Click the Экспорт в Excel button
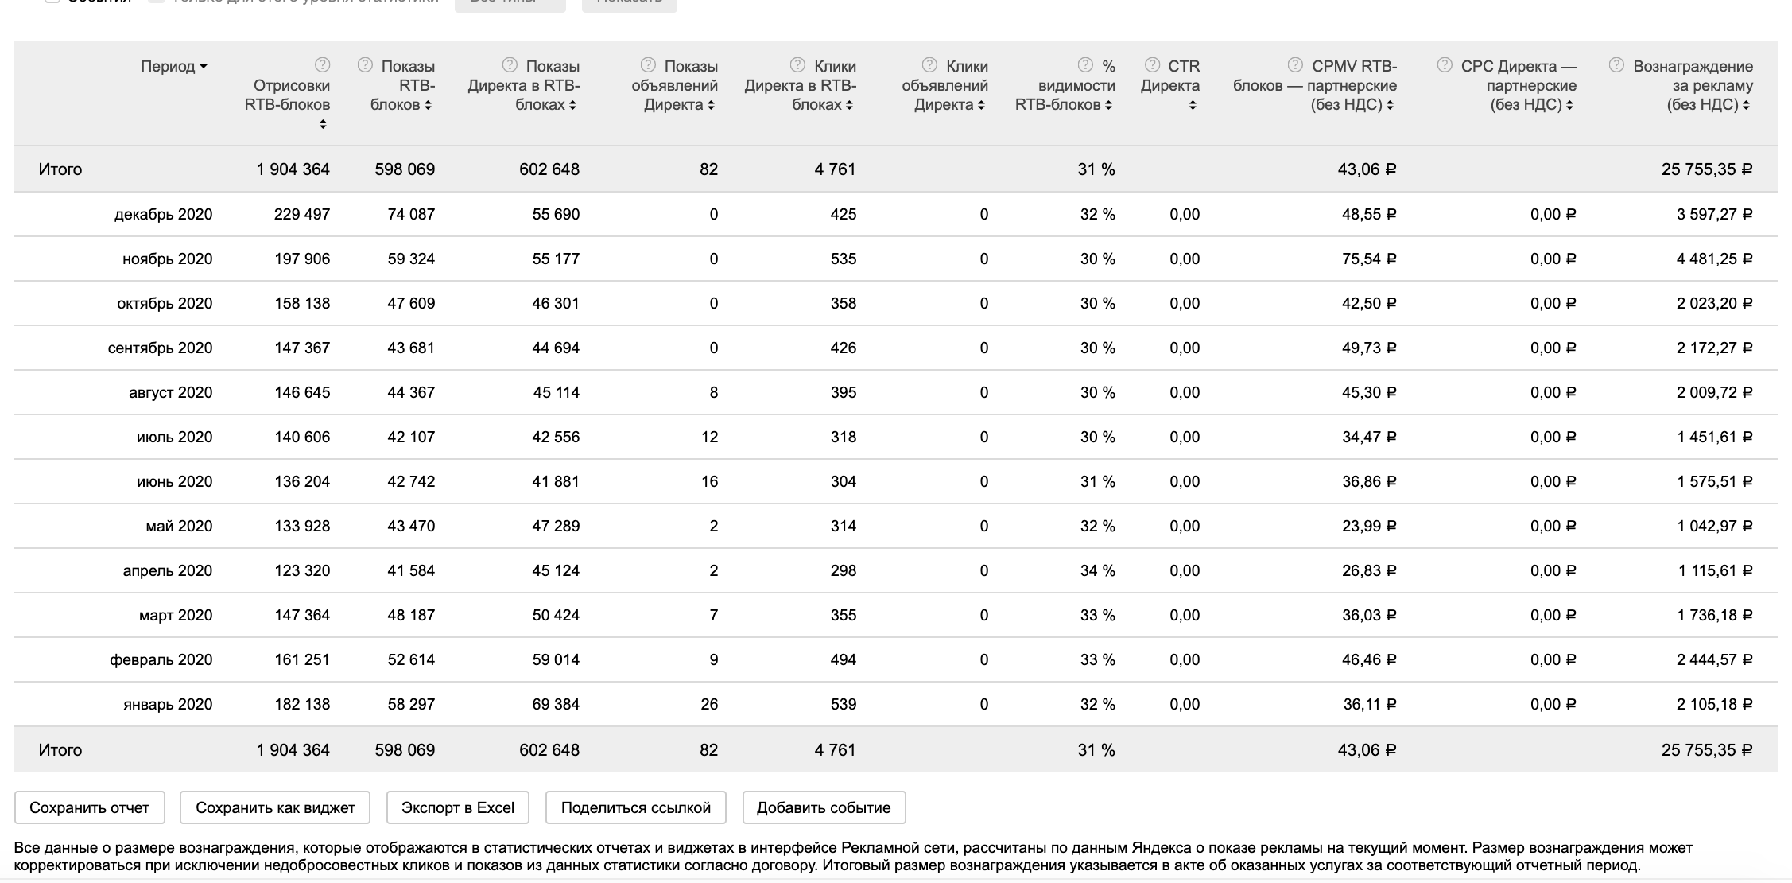coord(458,807)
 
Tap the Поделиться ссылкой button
coord(635,807)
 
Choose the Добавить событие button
coord(824,807)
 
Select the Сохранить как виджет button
coord(275,807)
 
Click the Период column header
coord(173,67)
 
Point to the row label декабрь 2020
coord(163,214)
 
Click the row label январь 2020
coord(168,704)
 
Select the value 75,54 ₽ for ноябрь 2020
coord(1368,259)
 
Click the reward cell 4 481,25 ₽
coord(1714,259)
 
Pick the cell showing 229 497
coord(301,214)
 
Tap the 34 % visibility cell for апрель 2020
coord(1097,570)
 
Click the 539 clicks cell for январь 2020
coord(843,704)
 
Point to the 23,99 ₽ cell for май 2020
coord(1368,526)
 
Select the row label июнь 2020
coord(174,481)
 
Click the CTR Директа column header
coord(1174,85)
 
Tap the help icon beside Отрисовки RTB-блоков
coord(322,65)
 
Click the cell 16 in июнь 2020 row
coord(709,481)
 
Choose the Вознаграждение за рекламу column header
coord(1692,85)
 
